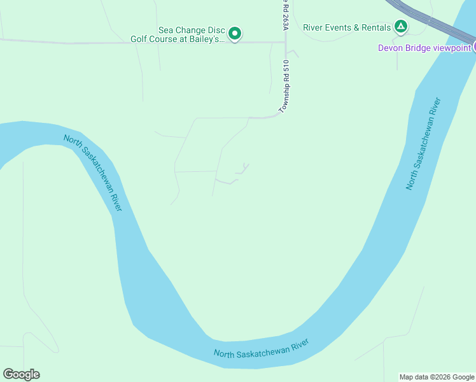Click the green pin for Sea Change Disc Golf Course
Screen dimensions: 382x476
pos(235,33)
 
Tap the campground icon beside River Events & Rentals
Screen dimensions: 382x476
pos(400,27)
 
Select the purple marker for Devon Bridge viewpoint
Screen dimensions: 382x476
pos(473,46)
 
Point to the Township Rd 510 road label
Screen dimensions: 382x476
pos(286,87)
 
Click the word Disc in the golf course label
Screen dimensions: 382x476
pos(216,29)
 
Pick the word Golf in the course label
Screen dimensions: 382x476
pos(141,39)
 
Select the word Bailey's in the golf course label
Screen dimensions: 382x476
pos(206,39)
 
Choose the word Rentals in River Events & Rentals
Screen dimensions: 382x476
pos(377,27)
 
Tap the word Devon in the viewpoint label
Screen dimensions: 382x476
pos(391,47)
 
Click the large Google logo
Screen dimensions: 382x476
pos(21,374)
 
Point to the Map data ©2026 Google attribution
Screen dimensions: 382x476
pos(437,377)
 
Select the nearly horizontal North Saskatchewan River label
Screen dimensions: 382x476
pos(261,349)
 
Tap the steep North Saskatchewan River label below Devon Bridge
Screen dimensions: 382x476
pos(423,143)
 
